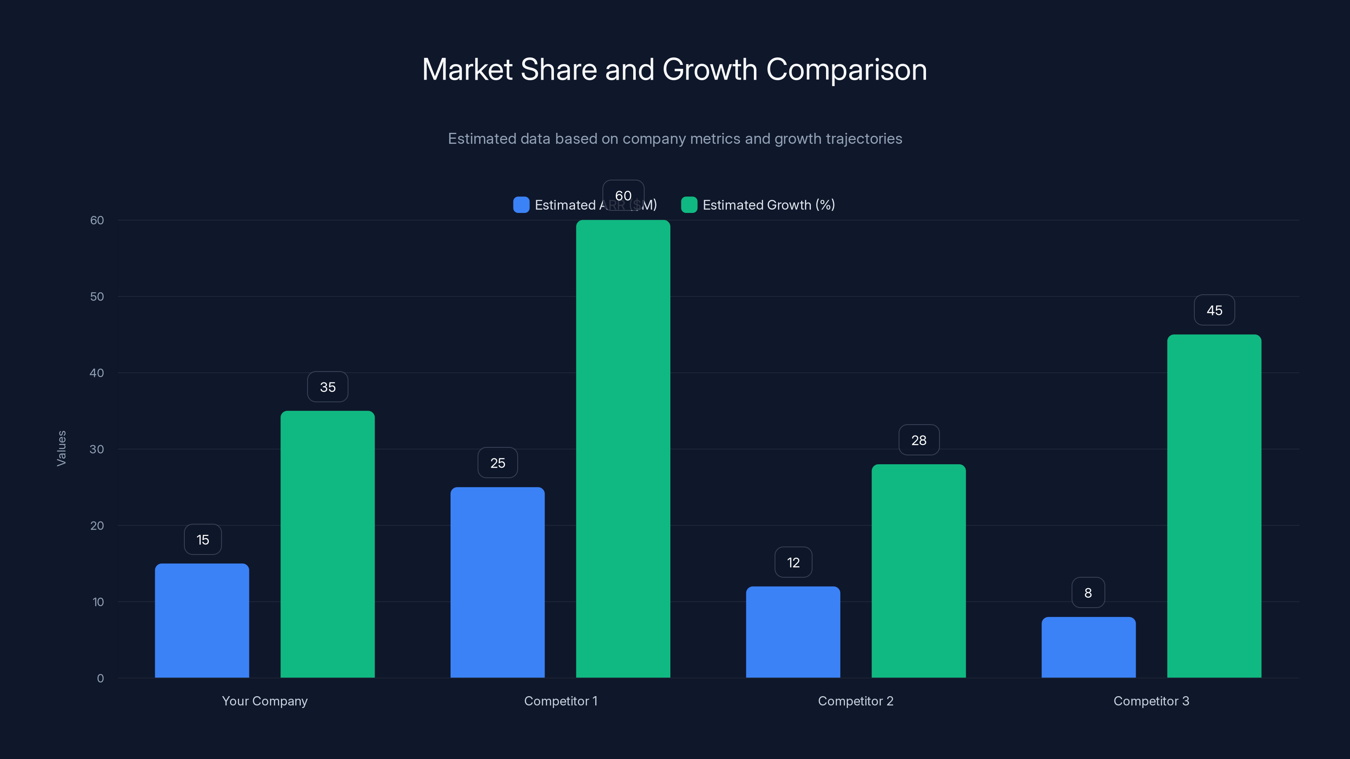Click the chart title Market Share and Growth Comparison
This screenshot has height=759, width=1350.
click(x=675, y=70)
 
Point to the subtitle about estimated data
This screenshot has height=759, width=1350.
click(x=675, y=139)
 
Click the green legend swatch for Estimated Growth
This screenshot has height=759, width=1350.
click(x=688, y=205)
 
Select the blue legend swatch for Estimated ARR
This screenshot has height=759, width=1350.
click(x=521, y=205)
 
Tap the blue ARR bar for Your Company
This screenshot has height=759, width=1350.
click(x=202, y=621)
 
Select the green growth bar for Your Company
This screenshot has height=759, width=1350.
click(x=327, y=545)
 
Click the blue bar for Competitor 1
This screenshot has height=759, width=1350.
click(x=497, y=582)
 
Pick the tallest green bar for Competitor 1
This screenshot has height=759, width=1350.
click(x=623, y=449)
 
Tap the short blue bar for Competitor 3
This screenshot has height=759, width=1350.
click(x=1088, y=647)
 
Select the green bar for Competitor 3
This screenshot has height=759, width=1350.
click(x=1214, y=506)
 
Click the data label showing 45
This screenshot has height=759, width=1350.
click(x=1214, y=310)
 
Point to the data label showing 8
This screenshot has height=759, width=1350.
click(x=1088, y=592)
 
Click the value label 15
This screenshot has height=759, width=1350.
click(x=202, y=540)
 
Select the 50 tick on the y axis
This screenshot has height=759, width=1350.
click(x=97, y=296)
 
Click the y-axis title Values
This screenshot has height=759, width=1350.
click(x=61, y=448)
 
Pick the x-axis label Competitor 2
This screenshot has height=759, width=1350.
click(x=855, y=701)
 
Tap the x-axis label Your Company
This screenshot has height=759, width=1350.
click(x=265, y=701)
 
